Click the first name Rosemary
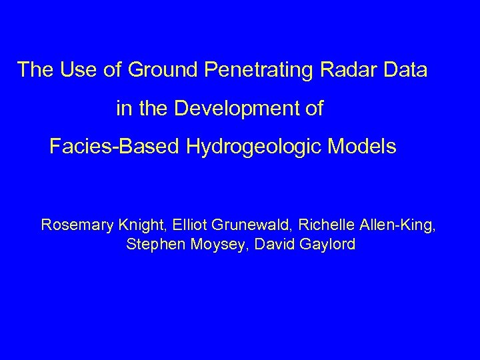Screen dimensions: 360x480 [73, 225]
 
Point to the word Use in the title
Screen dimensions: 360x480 [70, 70]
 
